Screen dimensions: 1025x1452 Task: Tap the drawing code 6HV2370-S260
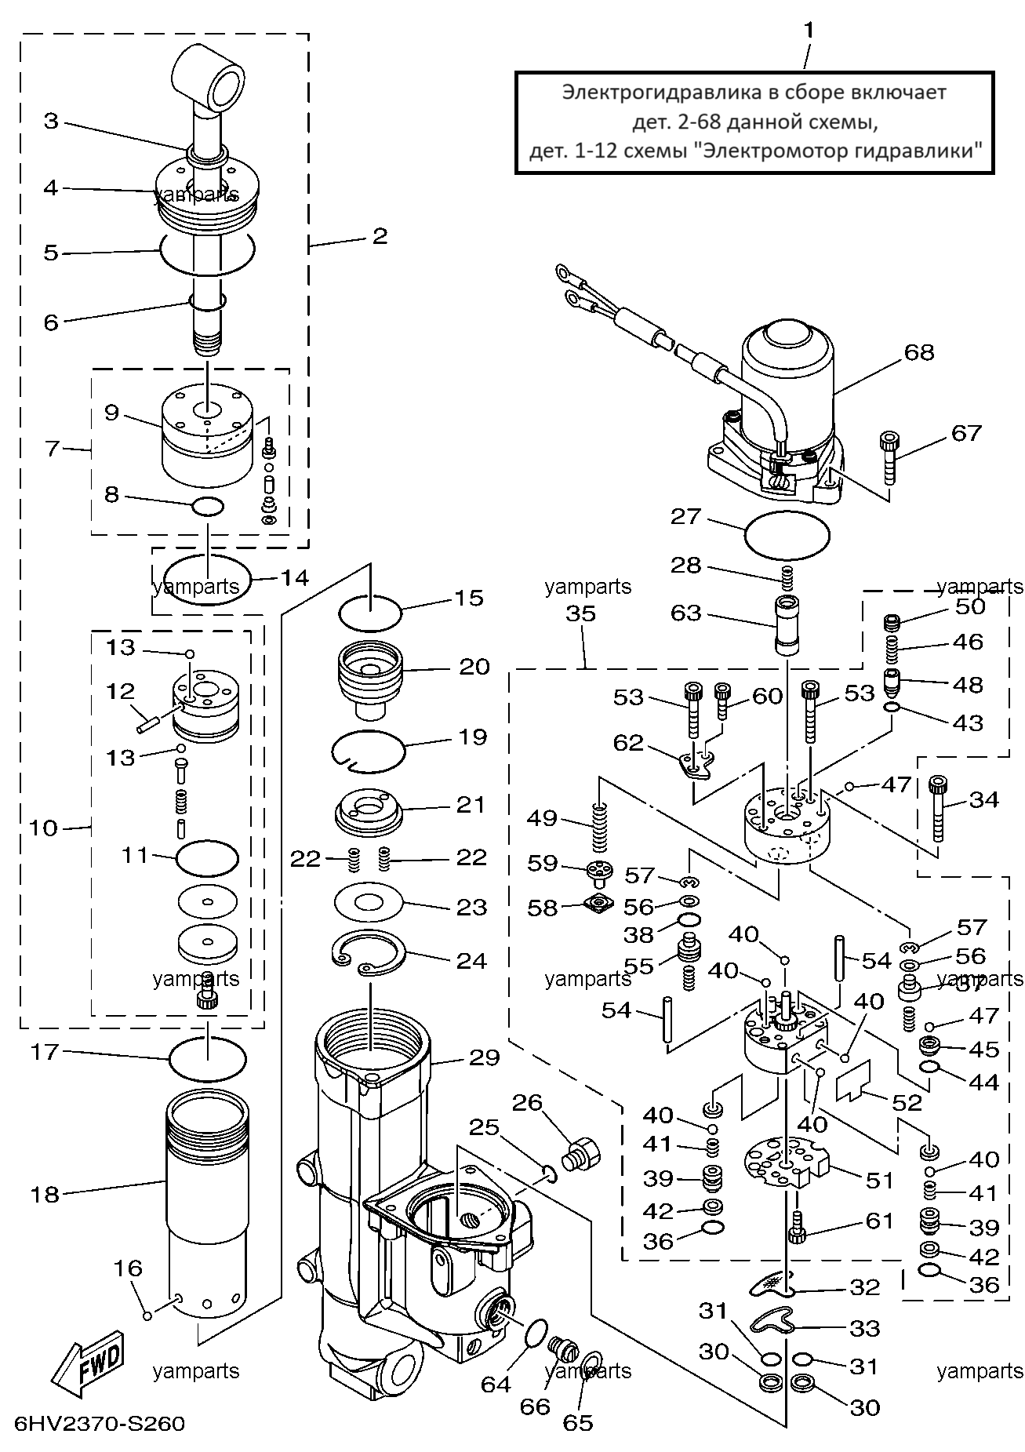(99, 1423)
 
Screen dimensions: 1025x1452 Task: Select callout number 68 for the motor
(919, 352)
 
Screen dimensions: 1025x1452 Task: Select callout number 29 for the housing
(484, 1057)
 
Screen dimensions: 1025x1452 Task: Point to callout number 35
(581, 613)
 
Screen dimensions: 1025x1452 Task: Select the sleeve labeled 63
(786, 624)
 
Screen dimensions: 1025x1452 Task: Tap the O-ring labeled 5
(208, 253)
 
